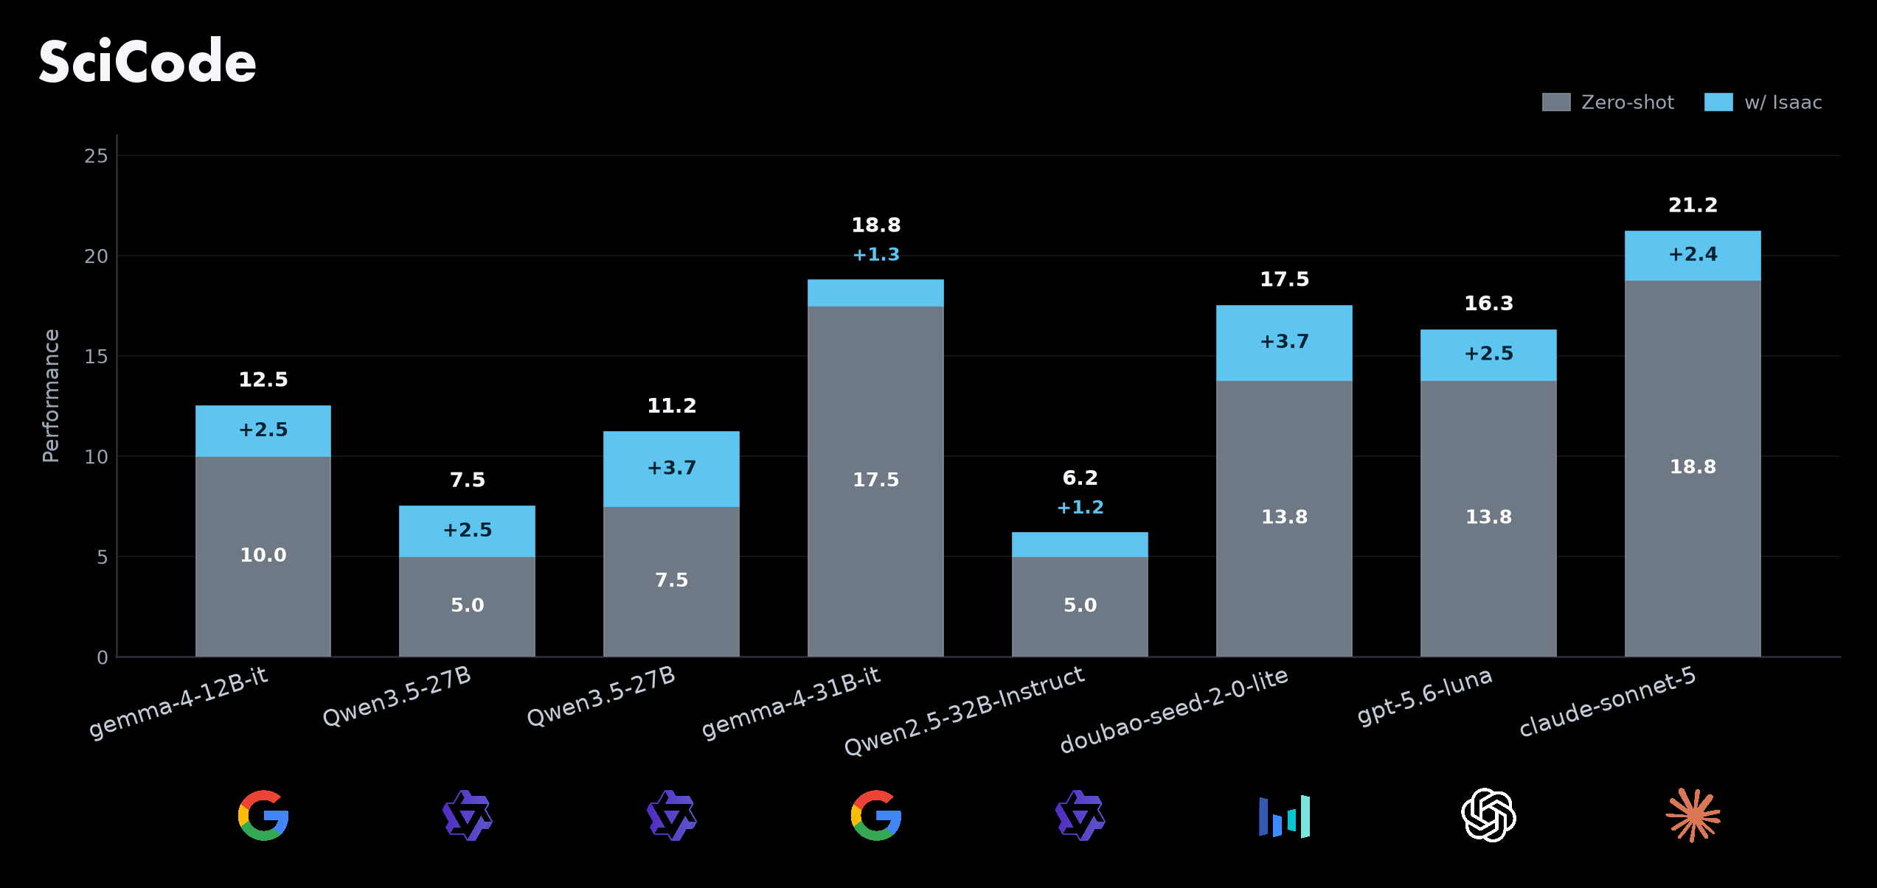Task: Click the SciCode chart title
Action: pos(148,61)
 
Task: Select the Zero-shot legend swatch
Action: pos(1556,102)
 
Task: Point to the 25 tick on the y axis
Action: pos(96,156)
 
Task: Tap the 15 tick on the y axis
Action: pos(96,357)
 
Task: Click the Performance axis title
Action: pos(51,396)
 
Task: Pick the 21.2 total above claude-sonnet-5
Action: pos(1693,205)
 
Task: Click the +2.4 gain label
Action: pos(1693,254)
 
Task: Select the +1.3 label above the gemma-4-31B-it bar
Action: pos(875,255)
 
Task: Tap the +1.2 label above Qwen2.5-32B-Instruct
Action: pos(1080,508)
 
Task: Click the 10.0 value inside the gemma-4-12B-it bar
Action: pos(263,555)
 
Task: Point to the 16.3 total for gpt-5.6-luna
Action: pos(1488,304)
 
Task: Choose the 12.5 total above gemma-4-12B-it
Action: pos(263,380)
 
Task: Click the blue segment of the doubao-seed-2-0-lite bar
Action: pos(1284,343)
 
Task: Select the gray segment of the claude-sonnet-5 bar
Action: pos(1693,469)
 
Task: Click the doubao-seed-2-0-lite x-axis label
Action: pos(1174,710)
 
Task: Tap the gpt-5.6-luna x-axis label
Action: pos(1425,696)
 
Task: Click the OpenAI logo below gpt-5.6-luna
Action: pos(1488,815)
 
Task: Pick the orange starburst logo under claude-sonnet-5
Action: pos(1693,815)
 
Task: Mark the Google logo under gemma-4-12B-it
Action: pos(263,815)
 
